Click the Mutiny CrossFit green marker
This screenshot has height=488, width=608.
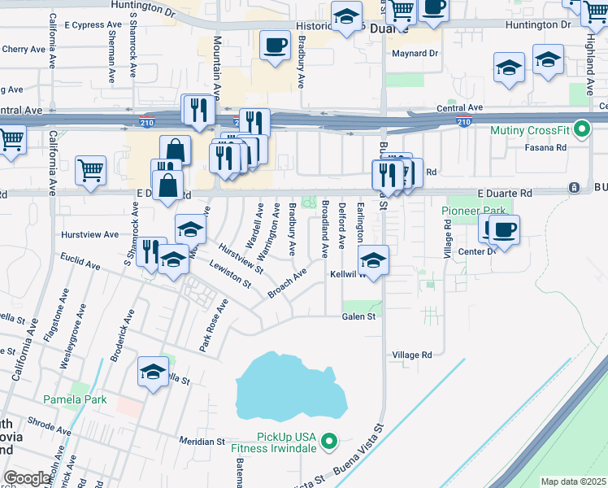[x=581, y=129]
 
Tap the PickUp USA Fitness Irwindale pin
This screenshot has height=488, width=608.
[x=328, y=442]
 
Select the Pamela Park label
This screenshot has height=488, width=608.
[x=75, y=400]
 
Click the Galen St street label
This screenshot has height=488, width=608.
[x=358, y=316]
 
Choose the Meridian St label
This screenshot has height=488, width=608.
[x=202, y=441]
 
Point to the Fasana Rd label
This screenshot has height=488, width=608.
[x=549, y=147]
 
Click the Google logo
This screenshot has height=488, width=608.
[x=27, y=478]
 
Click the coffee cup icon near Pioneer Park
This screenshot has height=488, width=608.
[x=504, y=229]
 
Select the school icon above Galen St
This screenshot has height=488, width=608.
[x=372, y=260]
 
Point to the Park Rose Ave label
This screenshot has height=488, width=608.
[x=214, y=325]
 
